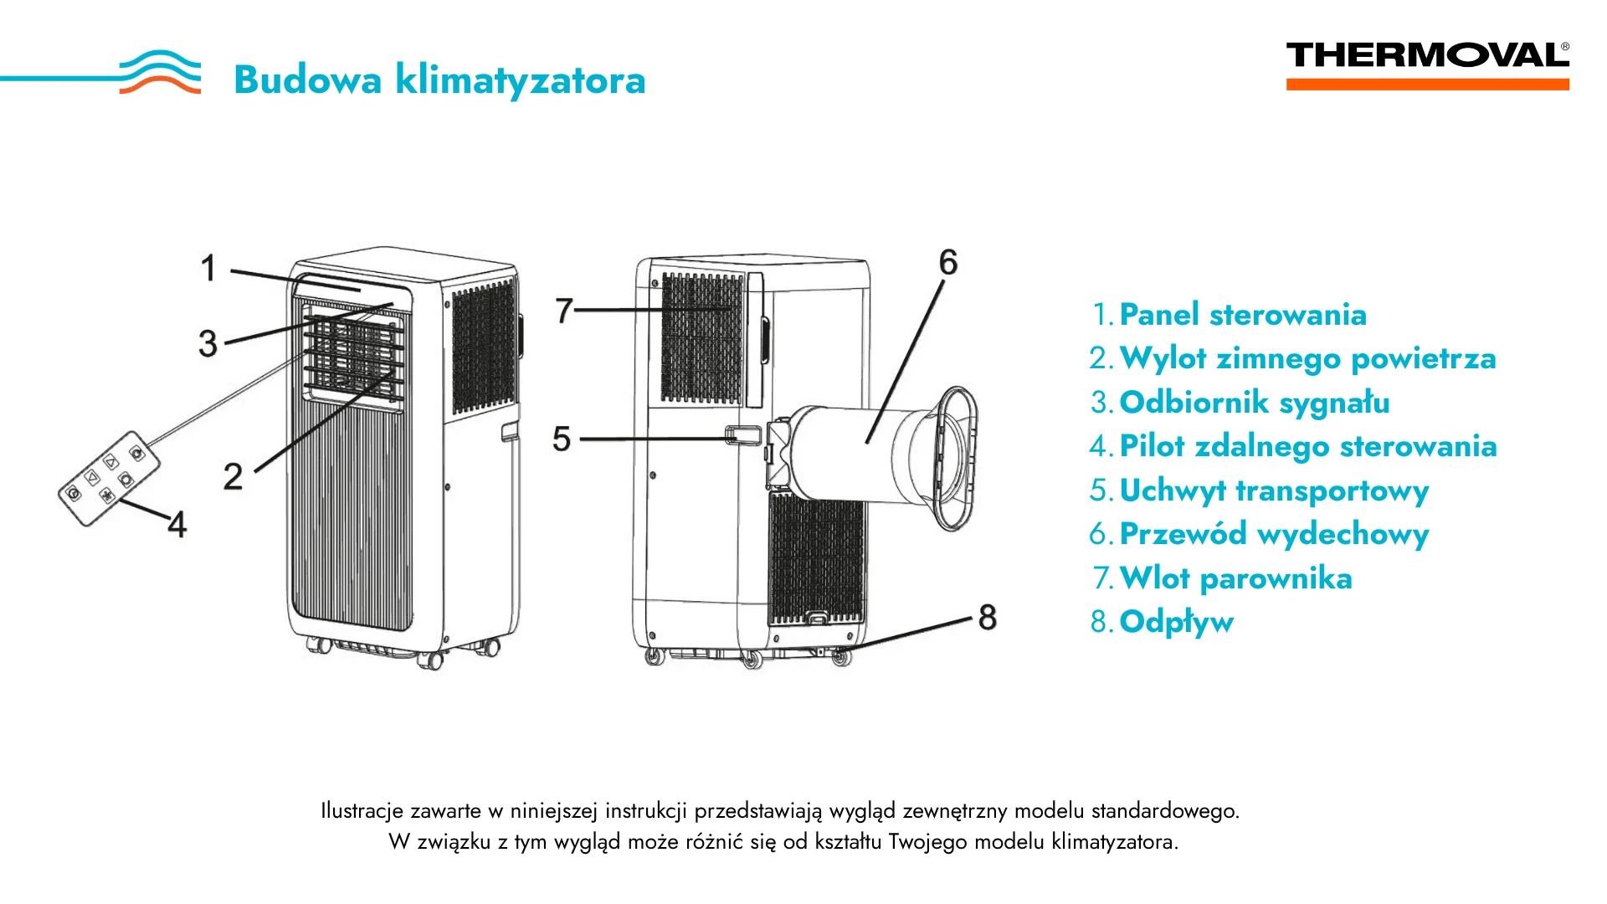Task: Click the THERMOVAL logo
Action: click(x=1427, y=65)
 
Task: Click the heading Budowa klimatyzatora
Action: click(x=439, y=80)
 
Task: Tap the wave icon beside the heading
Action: click(x=160, y=72)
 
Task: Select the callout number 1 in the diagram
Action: click(x=208, y=269)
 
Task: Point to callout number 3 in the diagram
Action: click(x=208, y=343)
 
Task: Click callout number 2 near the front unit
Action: click(x=233, y=476)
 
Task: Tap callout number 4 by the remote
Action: click(x=177, y=525)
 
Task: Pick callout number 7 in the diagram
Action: click(x=564, y=311)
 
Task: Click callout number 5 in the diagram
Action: click(x=562, y=439)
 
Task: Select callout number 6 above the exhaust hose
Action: click(x=947, y=262)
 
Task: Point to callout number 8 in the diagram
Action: click(x=988, y=618)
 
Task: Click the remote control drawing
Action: click(x=110, y=479)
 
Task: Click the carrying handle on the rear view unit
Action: click(x=743, y=435)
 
